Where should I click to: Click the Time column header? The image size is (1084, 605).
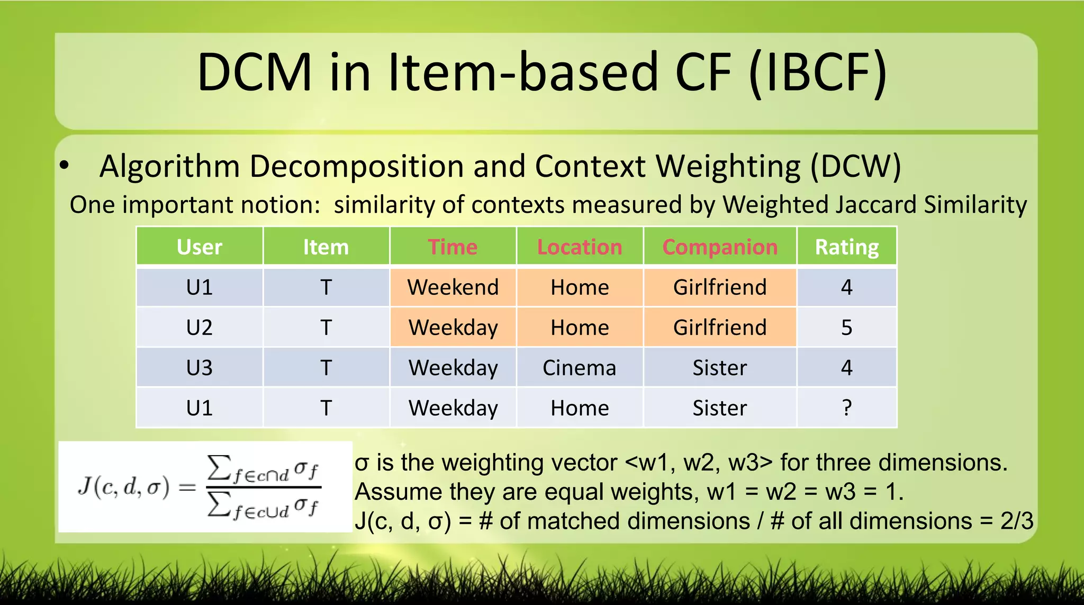pyautogui.click(x=453, y=247)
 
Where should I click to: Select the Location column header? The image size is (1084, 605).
pyautogui.click(x=580, y=247)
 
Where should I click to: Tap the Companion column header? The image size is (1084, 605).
pyautogui.click(x=720, y=247)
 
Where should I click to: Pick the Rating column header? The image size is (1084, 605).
pyautogui.click(x=846, y=247)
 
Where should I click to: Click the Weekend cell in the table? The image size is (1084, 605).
pyautogui.click(x=453, y=287)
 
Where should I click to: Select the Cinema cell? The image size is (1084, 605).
pyautogui.click(x=580, y=368)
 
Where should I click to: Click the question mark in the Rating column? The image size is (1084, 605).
pyautogui.click(x=846, y=408)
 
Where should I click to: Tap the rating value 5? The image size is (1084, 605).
pyautogui.click(x=846, y=328)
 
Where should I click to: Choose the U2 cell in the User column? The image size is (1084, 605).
pyautogui.click(x=200, y=328)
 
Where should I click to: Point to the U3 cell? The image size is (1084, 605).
pyautogui.click(x=200, y=368)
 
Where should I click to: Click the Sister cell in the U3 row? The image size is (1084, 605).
pyautogui.click(x=720, y=368)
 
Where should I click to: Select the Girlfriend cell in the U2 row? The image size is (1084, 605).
pyautogui.click(x=720, y=328)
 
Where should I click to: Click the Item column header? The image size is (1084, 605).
pyautogui.click(x=326, y=247)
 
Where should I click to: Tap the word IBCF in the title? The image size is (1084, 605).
pyautogui.click(x=818, y=73)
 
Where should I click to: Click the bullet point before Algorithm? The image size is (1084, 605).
pyautogui.click(x=64, y=166)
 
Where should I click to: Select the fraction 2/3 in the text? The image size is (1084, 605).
pyautogui.click(x=1016, y=521)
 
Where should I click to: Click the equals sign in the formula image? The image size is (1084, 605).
pyautogui.click(x=187, y=487)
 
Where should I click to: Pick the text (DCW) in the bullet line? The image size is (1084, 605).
pyautogui.click(x=855, y=166)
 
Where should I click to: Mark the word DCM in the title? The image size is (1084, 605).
pyautogui.click(x=255, y=73)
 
